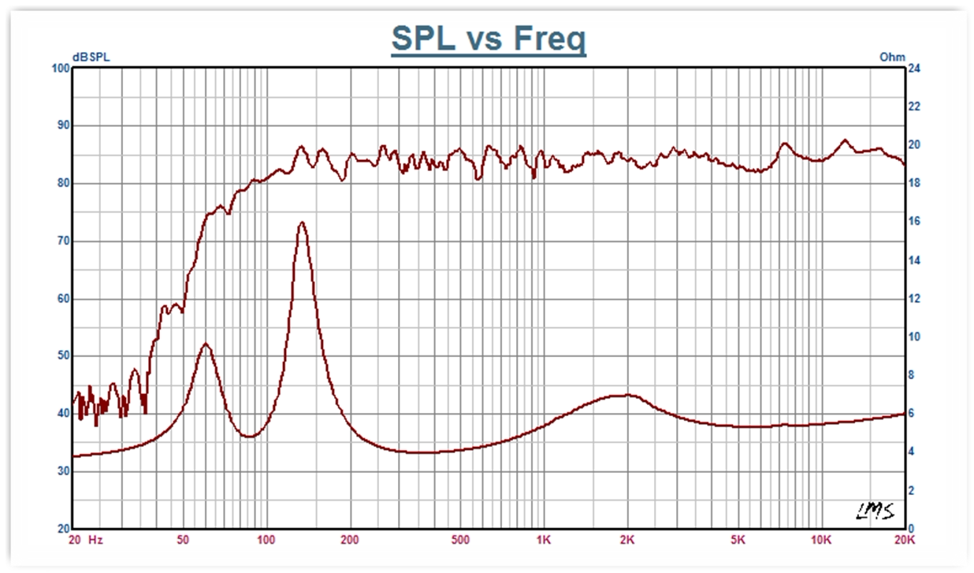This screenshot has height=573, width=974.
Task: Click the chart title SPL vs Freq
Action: (488, 39)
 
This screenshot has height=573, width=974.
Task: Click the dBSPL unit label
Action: (91, 57)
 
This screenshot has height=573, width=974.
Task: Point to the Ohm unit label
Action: (892, 57)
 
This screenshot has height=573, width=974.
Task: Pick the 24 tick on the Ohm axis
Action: (915, 69)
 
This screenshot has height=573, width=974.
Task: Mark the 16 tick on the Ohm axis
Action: (915, 222)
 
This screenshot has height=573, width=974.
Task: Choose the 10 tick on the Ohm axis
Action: (915, 337)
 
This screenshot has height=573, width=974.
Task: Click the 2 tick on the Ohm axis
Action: (912, 491)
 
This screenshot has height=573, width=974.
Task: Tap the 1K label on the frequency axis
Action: (543, 540)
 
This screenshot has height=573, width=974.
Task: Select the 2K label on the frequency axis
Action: (627, 540)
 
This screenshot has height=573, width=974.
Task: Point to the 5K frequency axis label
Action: (738, 540)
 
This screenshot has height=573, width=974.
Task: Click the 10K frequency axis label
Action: (821, 540)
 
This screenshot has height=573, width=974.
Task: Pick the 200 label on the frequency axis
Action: (350, 540)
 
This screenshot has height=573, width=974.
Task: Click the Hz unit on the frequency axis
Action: (95, 540)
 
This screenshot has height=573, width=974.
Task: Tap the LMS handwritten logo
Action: (876, 512)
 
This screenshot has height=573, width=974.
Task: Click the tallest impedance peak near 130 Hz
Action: (302, 223)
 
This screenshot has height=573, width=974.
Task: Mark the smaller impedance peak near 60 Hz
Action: (206, 344)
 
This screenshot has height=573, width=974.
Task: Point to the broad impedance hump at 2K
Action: (627, 395)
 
